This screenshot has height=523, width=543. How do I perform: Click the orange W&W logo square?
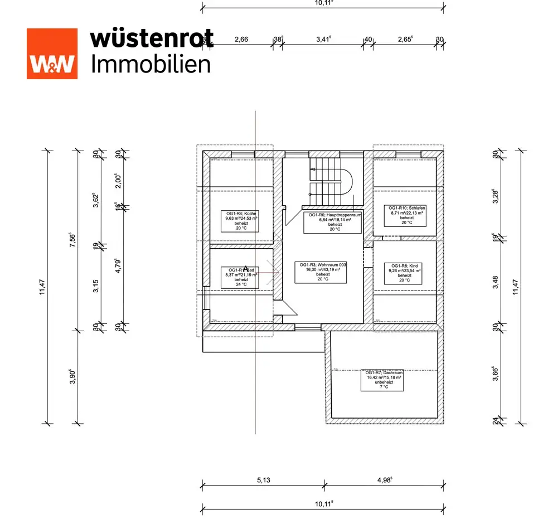52,54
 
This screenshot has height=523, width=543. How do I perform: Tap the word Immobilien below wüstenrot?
151,64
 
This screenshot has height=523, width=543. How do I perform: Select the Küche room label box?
241,220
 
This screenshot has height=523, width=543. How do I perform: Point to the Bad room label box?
241,276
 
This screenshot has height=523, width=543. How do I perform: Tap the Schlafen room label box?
407,215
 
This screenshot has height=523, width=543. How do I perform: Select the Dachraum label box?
382,380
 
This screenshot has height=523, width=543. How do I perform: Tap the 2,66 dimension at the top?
241,40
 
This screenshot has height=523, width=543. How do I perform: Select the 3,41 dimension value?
323,40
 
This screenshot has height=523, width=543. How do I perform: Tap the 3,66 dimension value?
494,373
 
